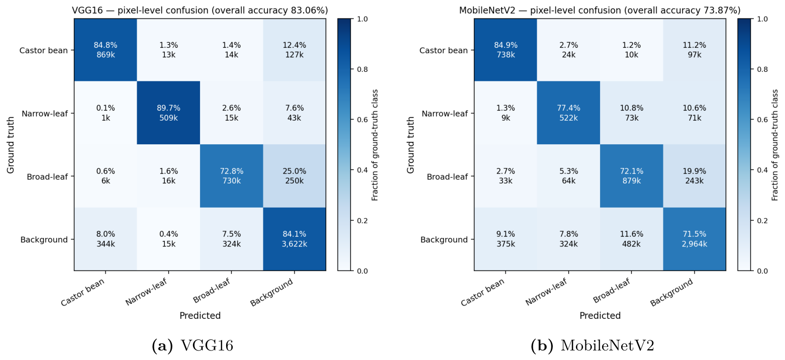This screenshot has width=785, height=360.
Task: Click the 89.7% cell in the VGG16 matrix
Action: point(168,113)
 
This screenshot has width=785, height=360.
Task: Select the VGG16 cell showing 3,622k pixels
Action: point(295,239)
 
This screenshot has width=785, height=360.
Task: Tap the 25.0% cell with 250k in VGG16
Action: point(295,176)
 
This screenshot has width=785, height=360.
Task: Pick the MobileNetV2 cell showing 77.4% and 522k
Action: point(568,113)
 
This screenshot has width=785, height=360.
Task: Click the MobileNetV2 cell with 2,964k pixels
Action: point(694,239)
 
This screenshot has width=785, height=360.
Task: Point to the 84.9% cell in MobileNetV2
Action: point(506,50)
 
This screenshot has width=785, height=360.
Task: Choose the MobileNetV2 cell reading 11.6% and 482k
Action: point(632,239)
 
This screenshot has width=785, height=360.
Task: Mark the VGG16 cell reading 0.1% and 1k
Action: point(106,113)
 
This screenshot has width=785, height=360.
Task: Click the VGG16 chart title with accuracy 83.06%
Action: point(200,11)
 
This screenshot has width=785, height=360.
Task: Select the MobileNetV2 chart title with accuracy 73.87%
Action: point(600,11)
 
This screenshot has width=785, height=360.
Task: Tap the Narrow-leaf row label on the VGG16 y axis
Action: point(45,114)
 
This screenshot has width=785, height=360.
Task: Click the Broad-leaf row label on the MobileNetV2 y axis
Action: point(447,176)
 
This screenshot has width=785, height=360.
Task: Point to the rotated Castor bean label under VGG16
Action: point(83,292)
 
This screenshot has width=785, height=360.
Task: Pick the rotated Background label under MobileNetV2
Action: point(672,292)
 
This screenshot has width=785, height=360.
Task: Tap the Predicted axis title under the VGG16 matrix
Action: point(200,315)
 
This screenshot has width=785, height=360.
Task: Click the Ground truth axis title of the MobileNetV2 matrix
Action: point(411,145)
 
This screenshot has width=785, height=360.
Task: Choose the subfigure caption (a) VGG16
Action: point(192,345)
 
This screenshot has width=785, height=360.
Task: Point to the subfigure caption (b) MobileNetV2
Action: point(592,345)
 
